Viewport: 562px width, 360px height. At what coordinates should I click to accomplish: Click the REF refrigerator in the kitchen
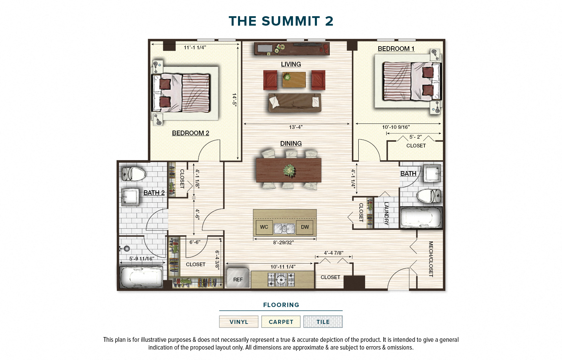[238, 279]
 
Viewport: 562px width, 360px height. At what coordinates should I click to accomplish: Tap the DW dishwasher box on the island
[304, 227]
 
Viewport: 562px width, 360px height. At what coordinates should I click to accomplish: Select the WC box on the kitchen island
[264, 227]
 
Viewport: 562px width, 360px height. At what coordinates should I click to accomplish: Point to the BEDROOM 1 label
[396, 49]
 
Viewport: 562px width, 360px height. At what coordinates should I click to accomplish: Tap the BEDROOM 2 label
[190, 133]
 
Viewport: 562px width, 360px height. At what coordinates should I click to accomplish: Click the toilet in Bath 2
[134, 174]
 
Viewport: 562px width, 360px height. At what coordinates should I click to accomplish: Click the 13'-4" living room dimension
[296, 127]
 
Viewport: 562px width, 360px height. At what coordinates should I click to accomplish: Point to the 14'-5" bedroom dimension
[234, 100]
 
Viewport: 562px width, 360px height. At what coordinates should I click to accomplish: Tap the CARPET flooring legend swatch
[281, 322]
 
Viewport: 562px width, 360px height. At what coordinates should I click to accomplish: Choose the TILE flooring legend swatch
[323, 322]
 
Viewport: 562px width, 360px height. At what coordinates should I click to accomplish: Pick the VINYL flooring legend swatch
[239, 322]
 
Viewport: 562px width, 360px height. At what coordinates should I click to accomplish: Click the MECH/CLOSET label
[431, 259]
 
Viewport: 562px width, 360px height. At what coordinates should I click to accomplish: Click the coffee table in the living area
[294, 80]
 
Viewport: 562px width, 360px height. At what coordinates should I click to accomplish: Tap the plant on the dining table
[289, 170]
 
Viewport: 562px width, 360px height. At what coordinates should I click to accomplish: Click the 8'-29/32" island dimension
[283, 243]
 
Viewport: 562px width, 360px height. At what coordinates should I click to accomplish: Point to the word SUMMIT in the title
[291, 21]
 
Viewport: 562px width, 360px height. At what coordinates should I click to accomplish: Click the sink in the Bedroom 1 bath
[432, 173]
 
